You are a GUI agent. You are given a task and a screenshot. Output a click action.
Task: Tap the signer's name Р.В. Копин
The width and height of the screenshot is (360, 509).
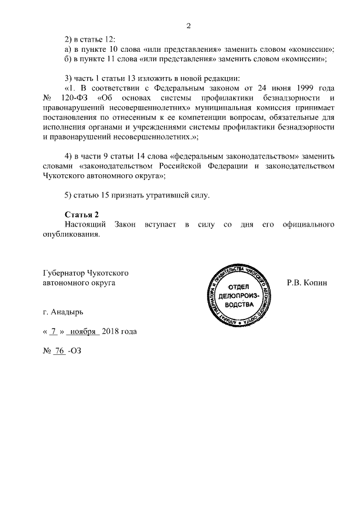point(307,283)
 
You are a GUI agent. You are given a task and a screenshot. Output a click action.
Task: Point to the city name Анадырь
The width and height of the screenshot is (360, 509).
point(70,311)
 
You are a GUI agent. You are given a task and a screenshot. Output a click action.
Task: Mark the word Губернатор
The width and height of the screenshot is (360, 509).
point(65,273)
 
